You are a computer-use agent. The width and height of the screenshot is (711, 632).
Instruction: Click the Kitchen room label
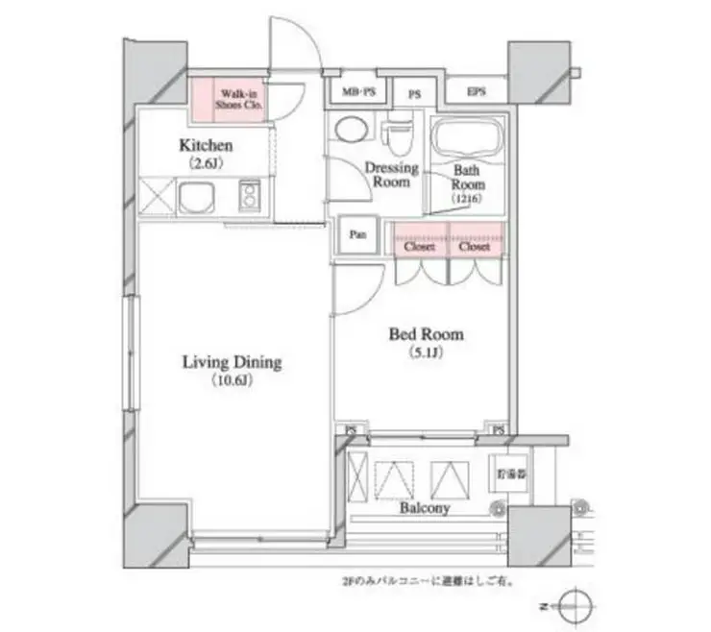206,146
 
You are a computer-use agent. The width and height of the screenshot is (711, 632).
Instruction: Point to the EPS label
476,92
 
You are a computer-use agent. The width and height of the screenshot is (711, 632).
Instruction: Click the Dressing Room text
391,174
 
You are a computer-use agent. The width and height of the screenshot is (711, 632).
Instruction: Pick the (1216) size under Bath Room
468,199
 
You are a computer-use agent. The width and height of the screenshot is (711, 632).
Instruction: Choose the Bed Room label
425,334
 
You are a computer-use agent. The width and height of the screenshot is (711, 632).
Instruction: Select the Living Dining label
232,362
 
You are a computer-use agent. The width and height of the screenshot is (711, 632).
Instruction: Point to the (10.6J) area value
232,381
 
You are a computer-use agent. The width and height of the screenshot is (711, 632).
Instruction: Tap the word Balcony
424,508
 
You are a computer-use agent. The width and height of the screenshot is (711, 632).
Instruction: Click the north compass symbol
576,607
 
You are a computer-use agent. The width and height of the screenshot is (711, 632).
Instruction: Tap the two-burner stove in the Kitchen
251,197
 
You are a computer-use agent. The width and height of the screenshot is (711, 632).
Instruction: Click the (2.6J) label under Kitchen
206,164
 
